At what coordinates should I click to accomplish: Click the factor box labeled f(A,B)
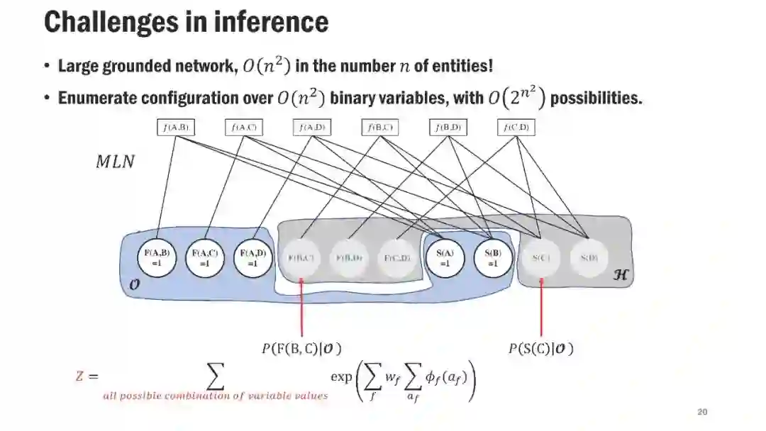click(174, 128)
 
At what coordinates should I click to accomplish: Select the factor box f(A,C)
click(244, 128)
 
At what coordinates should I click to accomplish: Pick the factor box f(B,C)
click(380, 128)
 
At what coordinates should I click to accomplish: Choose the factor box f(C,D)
click(516, 128)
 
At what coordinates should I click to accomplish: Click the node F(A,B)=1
click(157, 257)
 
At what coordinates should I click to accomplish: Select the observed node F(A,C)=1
click(204, 257)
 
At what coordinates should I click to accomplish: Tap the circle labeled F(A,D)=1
click(252, 257)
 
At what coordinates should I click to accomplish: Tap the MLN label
click(115, 162)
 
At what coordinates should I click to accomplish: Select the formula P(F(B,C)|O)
click(302, 348)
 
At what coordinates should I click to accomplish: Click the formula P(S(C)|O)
click(540, 348)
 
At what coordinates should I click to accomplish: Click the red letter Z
click(80, 376)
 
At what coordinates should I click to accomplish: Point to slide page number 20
click(702, 412)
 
